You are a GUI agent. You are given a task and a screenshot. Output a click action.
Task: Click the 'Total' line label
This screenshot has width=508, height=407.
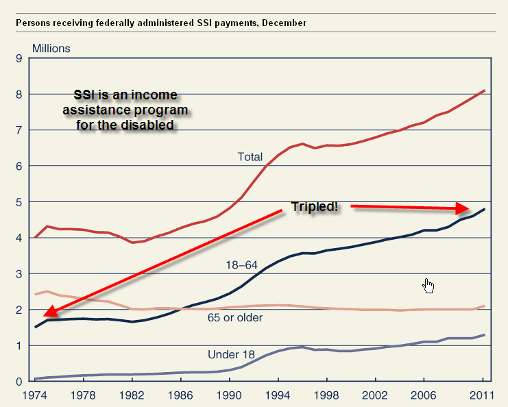250,157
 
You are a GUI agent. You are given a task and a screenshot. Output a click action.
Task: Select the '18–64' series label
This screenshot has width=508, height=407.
241,264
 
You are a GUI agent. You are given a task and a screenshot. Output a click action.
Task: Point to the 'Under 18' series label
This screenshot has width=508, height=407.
231,354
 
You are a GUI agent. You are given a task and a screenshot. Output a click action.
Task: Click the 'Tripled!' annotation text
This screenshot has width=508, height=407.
315,206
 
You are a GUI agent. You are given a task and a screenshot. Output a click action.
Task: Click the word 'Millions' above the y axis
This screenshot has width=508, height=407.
51,49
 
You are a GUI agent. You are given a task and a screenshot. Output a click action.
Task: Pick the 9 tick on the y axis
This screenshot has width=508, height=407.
19,58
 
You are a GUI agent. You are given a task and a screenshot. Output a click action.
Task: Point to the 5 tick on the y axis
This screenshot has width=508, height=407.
19,202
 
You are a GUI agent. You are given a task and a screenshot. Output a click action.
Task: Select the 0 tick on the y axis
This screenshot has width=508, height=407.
19,382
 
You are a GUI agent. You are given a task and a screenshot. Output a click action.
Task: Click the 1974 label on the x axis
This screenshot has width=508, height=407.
36,395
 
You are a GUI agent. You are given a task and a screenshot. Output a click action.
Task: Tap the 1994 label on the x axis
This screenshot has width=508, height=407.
279,395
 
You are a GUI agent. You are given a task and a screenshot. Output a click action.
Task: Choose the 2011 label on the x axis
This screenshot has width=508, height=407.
483,395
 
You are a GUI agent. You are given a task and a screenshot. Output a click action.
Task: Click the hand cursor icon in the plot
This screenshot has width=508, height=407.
429,285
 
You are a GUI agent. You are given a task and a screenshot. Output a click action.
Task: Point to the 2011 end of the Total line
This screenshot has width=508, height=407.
485,90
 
